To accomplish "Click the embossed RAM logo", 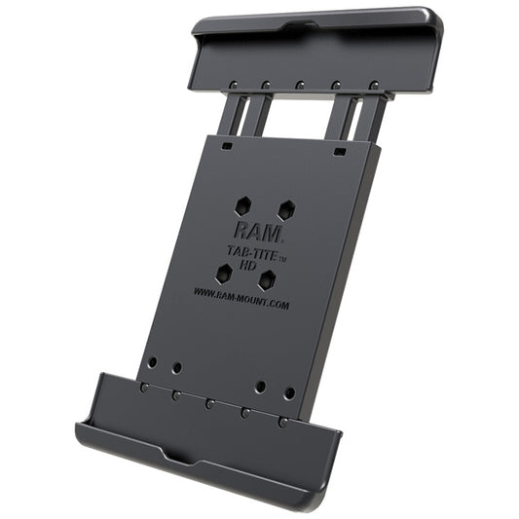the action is click(x=258, y=233).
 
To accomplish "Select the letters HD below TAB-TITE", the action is click(x=247, y=266).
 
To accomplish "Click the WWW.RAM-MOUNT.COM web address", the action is click(x=241, y=299).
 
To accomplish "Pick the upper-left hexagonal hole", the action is click(x=243, y=206).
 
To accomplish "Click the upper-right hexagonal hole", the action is click(x=286, y=210).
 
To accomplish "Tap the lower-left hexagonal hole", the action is click(x=224, y=275).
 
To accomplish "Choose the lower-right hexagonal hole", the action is click(x=267, y=280).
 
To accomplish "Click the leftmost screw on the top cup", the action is click(x=235, y=84).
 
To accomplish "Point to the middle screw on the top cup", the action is click(x=300, y=85).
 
